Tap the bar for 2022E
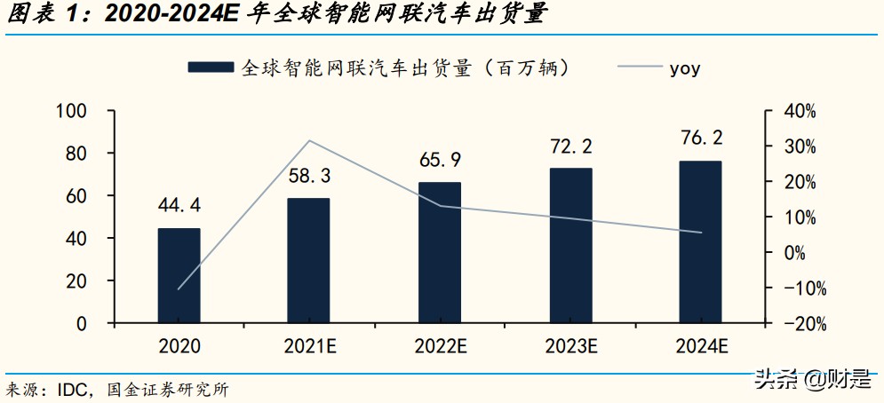[x=440, y=253]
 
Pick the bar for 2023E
[x=570, y=246]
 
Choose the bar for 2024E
[x=700, y=241]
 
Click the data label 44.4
[x=179, y=206]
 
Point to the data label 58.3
[x=308, y=177]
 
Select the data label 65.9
[x=440, y=161]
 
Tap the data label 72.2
[x=570, y=146]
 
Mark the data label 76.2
[x=700, y=138]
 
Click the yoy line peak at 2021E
[x=308, y=140]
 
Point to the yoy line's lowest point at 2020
[x=179, y=289]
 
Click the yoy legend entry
[x=684, y=67]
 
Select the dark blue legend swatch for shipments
[x=211, y=67]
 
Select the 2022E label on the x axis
[x=440, y=346]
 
